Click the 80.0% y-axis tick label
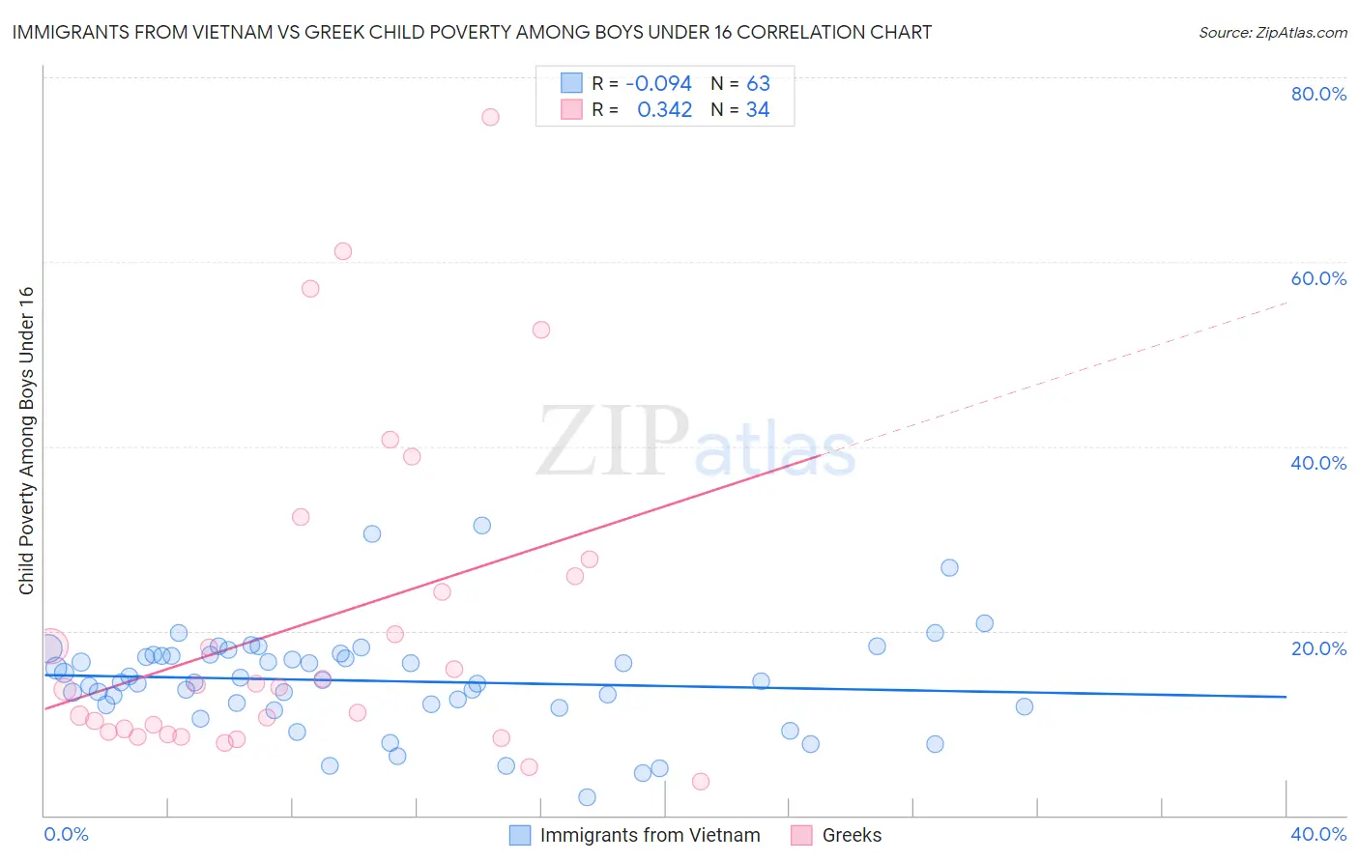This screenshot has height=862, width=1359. coord(1318,94)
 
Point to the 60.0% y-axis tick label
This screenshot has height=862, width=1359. coord(1318,278)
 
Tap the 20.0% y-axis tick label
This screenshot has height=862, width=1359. coord(1318,647)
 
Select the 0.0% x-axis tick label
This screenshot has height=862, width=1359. coord(67,834)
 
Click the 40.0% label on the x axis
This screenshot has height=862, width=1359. coord(1318,834)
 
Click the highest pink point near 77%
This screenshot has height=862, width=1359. coord(490,117)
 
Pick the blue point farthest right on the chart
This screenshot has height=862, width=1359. coord(1025,706)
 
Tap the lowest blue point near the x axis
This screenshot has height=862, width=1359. coord(587,797)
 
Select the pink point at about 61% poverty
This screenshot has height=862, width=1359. coord(343,251)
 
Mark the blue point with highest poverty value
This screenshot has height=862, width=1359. coord(482,526)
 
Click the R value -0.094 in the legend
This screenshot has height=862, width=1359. coord(658,84)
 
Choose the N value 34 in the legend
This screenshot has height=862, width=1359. coord(758,110)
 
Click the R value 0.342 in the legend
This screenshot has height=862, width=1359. coord(664,110)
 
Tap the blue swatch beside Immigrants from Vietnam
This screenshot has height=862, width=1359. coord(520,835)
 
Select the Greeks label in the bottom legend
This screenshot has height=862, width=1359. coord(852,835)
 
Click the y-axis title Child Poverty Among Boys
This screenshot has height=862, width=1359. coord(26,441)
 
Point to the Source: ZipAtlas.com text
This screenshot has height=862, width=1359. coord(1272,33)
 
